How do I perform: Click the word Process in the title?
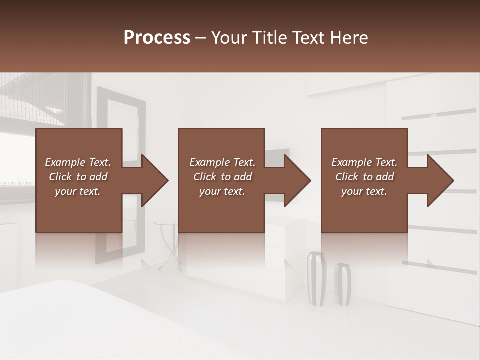click(x=157, y=38)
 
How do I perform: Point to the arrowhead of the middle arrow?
click(x=297, y=180)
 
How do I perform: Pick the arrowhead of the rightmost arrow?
click(x=440, y=180)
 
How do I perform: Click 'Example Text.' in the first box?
click(x=78, y=162)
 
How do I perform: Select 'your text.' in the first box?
click(x=78, y=191)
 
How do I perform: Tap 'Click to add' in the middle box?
click(x=222, y=177)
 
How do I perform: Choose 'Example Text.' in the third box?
click(x=364, y=162)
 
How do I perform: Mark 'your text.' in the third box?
click(x=364, y=191)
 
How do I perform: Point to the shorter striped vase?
click(x=342, y=283)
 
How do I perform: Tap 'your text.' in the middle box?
click(x=222, y=191)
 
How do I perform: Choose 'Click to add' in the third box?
click(x=364, y=177)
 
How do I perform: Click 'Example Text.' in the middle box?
click(x=222, y=162)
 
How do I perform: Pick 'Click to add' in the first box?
click(x=78, y=177)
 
